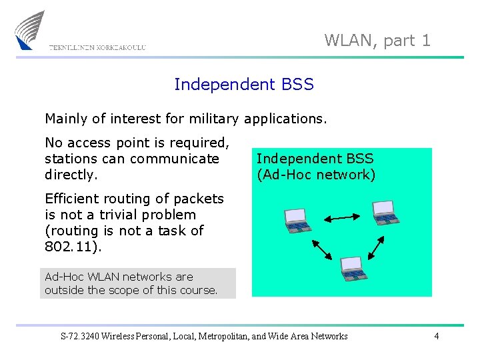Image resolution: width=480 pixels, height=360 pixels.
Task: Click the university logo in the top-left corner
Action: [31, 30]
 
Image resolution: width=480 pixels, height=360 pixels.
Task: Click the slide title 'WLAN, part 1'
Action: [377, 41]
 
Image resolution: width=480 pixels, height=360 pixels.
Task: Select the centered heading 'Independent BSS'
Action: [243, 85]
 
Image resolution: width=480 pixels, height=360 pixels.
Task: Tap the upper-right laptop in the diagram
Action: [385, 213]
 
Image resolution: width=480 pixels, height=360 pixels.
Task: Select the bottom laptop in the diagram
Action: [353, 268]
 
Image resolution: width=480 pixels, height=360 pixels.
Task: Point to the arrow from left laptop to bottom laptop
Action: [322, 249]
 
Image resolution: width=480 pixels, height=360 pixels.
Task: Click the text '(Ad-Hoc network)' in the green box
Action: [316, 175]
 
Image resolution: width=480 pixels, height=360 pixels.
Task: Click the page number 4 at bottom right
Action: [436, 336]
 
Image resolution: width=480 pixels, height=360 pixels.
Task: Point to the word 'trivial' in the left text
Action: [124, 215]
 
